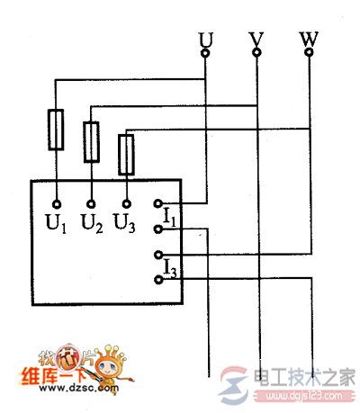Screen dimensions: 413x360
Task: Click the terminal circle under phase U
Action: click(x=205, y=54)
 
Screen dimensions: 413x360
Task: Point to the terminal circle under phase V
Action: click(x=256, y=54)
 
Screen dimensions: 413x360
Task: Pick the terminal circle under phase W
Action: click(x=309, y=54)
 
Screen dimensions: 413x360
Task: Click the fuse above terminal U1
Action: click(x=56, y=129)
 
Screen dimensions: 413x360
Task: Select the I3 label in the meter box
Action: click(x=169, y=266)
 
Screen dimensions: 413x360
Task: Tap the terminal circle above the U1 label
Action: click(x=56, y=203)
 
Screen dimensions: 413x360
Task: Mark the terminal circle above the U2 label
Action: click(x=91, y=203)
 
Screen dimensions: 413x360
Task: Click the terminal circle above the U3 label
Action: click(x=127, y=203)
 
